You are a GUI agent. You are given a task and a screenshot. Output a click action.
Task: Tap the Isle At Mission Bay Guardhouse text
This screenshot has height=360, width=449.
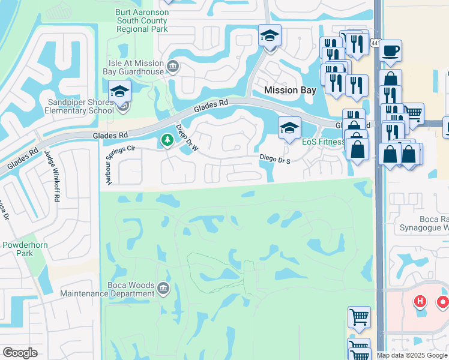pos(133,67)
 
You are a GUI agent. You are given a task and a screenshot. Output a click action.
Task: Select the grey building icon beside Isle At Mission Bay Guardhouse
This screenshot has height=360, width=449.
pos(173,65)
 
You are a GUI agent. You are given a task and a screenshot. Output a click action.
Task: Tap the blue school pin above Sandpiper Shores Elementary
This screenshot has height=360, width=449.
pos(120,92)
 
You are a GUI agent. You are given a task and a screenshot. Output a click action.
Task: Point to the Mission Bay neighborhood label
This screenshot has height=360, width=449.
pos(290,90)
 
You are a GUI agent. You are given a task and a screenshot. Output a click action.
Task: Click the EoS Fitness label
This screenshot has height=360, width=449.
pos(323,142)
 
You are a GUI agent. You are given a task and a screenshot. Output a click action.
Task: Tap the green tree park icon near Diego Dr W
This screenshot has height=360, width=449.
pos(167,140)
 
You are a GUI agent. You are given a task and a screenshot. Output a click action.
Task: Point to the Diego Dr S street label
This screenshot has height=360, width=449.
pos(276,158)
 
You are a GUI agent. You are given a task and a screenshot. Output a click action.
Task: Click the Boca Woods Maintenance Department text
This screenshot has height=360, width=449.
pos(107,289)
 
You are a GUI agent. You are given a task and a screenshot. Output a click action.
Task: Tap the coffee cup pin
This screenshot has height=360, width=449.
pos(391,50)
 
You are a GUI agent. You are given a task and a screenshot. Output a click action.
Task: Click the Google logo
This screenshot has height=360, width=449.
pos(20,352)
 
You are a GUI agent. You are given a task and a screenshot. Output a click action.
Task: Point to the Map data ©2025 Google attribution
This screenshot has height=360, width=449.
pos(412,355)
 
